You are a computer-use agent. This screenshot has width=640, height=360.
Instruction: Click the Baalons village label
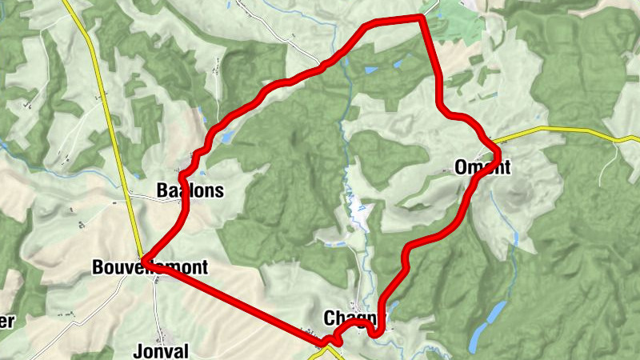click(190, 191)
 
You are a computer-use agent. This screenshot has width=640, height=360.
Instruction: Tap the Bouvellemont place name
click(150, 267)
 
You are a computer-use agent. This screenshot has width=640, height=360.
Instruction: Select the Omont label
click(482, 167)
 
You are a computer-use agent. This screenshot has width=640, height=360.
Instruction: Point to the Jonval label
click(161, 351)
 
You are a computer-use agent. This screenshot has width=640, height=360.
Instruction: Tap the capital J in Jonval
click(138, 351)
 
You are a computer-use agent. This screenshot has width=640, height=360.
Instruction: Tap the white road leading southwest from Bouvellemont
click(72, 320)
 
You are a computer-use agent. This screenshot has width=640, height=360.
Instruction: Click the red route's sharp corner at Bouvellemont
click(145, 258)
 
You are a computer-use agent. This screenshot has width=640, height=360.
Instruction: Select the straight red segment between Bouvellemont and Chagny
click(240, 303)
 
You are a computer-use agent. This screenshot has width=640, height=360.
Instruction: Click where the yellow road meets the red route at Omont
click(496, 150)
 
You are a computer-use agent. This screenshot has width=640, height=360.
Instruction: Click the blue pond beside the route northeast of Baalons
click(226, 138)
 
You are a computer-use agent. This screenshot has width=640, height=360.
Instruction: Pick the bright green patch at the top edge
click(460, 24)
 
